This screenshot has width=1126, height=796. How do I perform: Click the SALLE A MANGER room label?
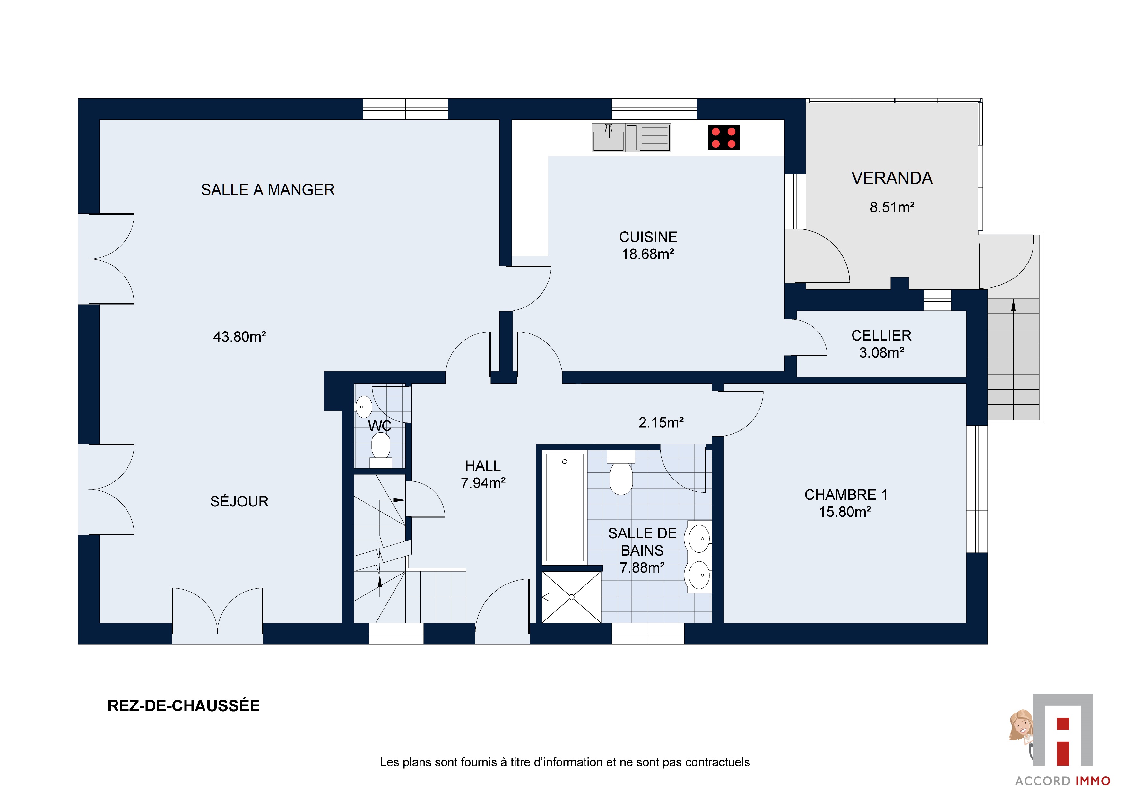pos(268,190)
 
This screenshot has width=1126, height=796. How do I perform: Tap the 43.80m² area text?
pos(239,337)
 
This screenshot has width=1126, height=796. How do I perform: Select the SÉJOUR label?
pos(239,501)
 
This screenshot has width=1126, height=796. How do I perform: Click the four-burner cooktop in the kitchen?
pos(723,138)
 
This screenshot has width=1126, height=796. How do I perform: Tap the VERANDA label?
pos(892,178)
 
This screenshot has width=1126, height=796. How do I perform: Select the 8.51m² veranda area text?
pos(892,207)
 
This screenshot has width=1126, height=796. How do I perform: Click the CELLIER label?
pos(881,335)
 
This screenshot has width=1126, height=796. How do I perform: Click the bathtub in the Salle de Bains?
pos(565,507)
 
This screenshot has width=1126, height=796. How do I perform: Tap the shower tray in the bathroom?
pos(571,597)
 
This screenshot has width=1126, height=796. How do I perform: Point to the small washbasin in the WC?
pos(363,407)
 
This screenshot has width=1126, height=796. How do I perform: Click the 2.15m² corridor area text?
pos(661,422)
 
